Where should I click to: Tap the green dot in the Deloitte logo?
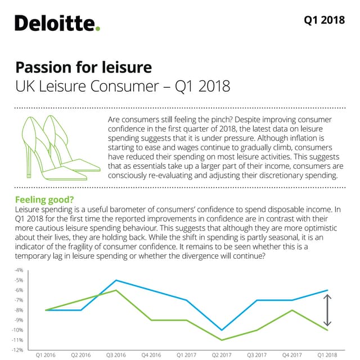pos(98,29)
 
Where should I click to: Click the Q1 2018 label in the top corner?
pos(324,20)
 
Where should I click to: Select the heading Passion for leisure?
pos(83,67)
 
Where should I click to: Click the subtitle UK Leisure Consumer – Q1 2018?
pos(122,87)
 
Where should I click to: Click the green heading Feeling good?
pos(44,200)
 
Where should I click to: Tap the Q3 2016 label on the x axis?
pos(116,355)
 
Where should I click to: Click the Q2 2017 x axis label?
pos(222,355)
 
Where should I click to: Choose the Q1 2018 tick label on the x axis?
pos(328,355)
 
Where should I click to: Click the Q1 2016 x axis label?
pos(46,355)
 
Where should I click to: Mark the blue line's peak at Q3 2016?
pos(116,280)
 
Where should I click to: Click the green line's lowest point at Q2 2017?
pos(222,340)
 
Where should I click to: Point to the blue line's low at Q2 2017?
pos(222,330)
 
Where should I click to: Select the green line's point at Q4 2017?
pos(292,310)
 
